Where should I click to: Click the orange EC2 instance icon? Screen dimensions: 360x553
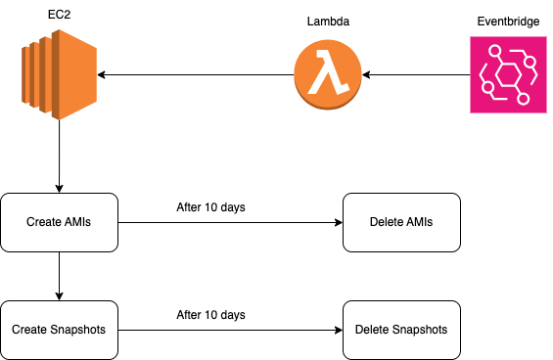59,74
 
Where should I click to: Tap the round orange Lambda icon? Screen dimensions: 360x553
328,75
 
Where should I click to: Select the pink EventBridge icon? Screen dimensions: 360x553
507,74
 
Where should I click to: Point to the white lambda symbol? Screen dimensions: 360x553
327,75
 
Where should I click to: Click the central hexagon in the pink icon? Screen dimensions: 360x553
507,75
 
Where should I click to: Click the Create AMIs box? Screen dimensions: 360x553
59,222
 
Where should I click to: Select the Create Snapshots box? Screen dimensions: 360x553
59,330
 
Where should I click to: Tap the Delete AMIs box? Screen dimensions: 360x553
401,222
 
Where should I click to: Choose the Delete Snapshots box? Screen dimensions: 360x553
401,330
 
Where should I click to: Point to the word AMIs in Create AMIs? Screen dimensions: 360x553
77,222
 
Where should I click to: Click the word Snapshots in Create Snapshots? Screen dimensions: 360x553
78,330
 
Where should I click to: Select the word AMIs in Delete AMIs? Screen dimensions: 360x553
419,222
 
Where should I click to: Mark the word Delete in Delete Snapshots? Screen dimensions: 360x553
372,330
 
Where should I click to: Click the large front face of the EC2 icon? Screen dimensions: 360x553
75,74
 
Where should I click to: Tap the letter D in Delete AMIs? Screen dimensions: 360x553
374,222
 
